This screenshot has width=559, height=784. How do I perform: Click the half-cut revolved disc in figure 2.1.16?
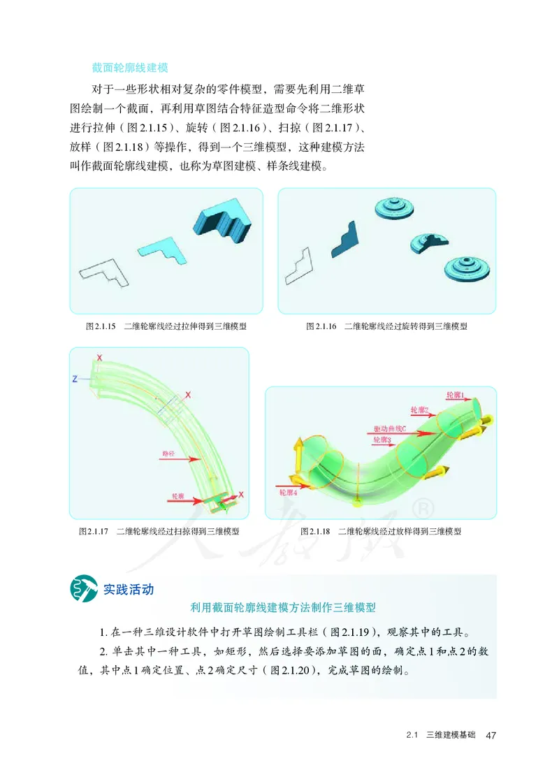429,242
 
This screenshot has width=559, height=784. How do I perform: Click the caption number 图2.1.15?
100,326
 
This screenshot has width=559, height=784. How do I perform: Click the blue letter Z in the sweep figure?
74,379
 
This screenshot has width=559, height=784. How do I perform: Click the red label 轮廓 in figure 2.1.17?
179,495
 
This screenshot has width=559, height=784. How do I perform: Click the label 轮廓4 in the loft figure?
288,493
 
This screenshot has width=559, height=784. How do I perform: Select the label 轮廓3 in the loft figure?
382,440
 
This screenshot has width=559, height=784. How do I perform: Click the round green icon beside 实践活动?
82,588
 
